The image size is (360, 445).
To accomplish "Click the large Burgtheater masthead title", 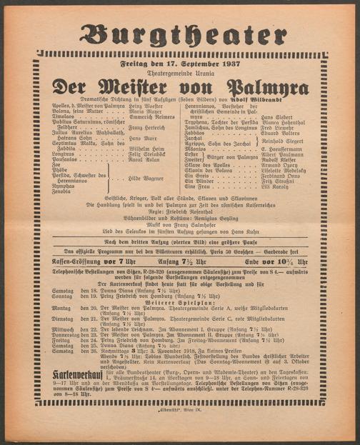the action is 180,34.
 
